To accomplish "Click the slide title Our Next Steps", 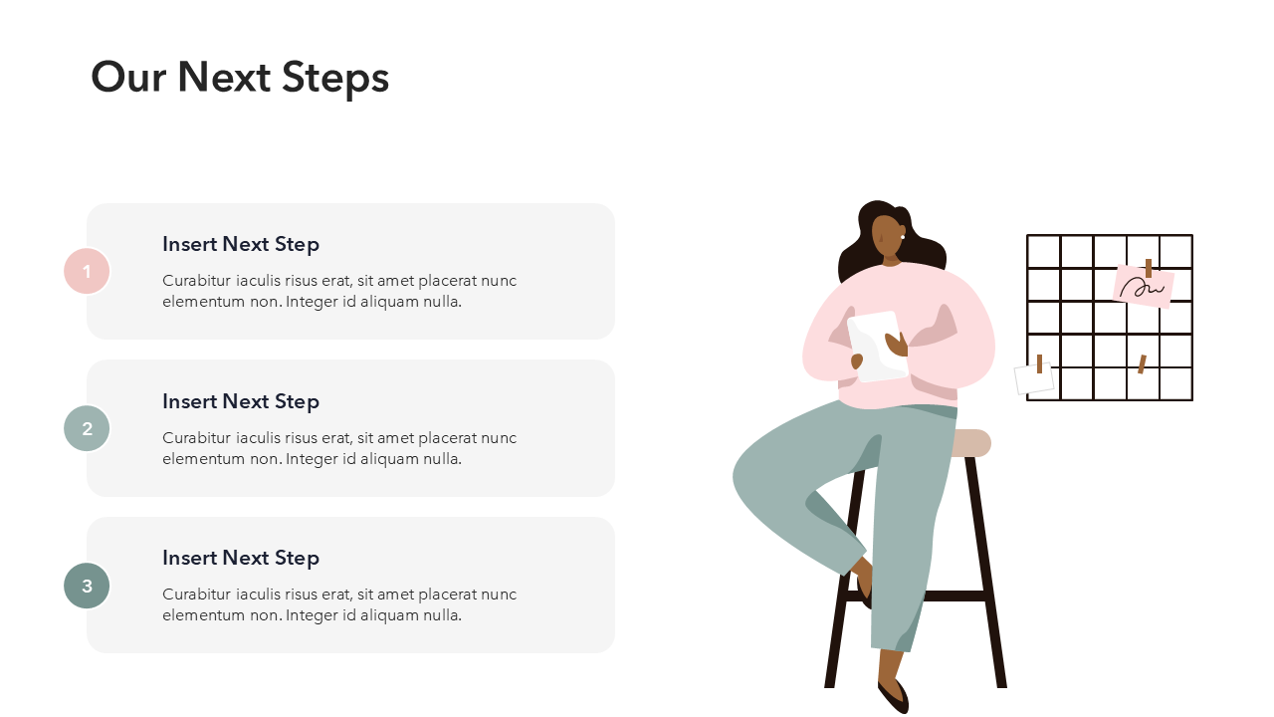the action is [x=240, y=78].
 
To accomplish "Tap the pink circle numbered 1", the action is [x=87, y=271].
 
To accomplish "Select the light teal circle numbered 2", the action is [x=87, y=428].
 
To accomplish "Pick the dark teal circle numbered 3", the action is [x=87, y=586].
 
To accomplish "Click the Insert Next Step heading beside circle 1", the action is [x=241, y=245].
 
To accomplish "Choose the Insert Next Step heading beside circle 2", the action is [x=241, y=401].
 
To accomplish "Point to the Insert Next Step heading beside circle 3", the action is [x=241, y=559].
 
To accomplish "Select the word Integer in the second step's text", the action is [x=312, y=459].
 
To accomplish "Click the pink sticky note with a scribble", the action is [x=1144, y=286].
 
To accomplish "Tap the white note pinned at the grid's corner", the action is [x=1034, y=378].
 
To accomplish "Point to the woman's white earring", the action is [x=903, y=237].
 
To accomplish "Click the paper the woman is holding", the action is [x=878, y=346].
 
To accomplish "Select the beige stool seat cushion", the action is [x=971, y=443].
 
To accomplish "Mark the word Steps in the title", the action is [x=335, y=79].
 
